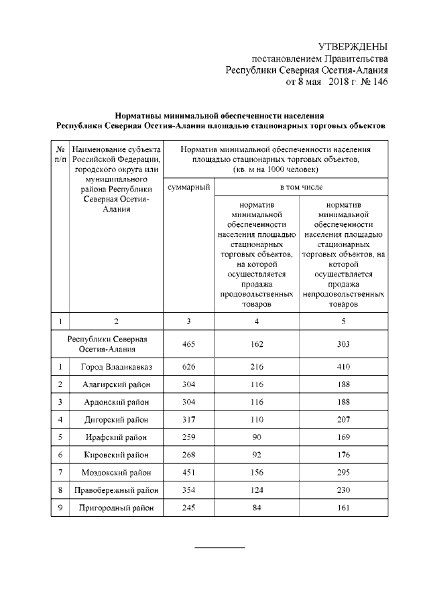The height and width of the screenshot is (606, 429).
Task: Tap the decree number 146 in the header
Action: coord(378,82)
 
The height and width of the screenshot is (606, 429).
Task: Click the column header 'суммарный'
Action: coord(188,187)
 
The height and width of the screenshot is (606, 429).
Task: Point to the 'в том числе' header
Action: coord(300,187)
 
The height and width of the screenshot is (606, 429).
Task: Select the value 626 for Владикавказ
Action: coord(188,367)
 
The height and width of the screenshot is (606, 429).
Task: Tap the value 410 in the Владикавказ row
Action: coord(344,367)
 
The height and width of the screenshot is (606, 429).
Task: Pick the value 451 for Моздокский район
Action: coord(188,472)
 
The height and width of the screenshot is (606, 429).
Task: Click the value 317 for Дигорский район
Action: coord(188,420)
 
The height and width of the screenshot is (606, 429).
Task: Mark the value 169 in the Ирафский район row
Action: coord(344,437)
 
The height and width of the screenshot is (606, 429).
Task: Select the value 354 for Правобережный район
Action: coord(188,490)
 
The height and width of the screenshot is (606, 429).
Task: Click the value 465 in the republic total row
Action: coord(188,344)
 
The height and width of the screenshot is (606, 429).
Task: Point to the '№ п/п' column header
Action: coord(60,154)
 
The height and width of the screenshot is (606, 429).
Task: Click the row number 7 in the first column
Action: coord(60,472)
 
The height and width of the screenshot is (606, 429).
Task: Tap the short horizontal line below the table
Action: coord(220,547)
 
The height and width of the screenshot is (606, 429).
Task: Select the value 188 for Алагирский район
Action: coord(344,384)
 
